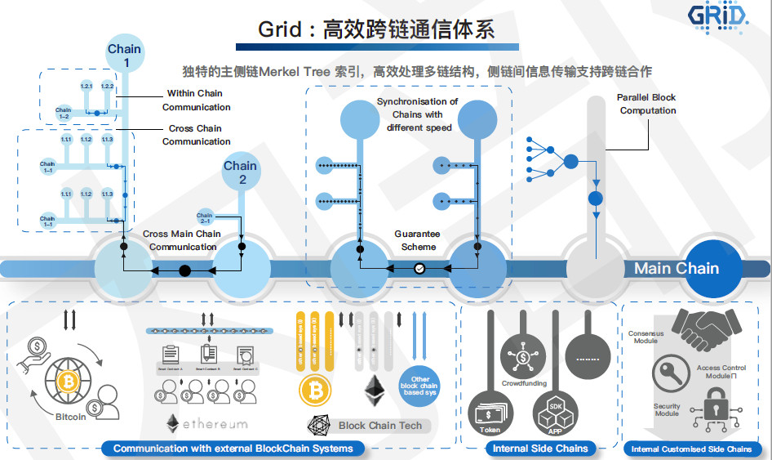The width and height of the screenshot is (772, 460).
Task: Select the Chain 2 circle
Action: tap(241, 172)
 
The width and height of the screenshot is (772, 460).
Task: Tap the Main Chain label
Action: tap(677, 268)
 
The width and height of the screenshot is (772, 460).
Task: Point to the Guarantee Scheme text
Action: tap(418, 240)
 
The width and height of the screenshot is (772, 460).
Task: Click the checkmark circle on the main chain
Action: tap(419, 267)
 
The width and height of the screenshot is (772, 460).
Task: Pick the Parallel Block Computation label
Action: tap(647, 104)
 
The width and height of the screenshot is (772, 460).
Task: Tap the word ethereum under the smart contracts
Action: tap(214, 424)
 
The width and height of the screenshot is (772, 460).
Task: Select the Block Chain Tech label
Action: tap(380, 425)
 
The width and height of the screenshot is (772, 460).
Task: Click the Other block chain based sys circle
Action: tap(420, 384)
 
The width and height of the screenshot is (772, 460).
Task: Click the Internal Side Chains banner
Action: tap(540, 448)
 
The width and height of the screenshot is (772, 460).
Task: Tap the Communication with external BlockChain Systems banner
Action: tap(233, 448)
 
